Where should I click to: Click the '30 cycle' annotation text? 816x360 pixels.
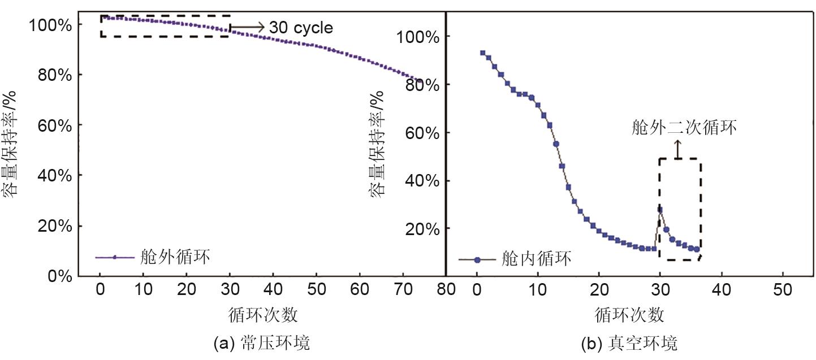[x=301, y=27]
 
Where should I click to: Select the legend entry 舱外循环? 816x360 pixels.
[x=175, y=258]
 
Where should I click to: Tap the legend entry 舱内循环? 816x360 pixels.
[x=536, y=259]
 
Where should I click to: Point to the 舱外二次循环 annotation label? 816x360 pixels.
[x=684, y=128]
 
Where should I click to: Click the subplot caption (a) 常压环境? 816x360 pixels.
[x=262, y=343]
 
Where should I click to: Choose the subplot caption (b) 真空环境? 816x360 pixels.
[x=628, y=343]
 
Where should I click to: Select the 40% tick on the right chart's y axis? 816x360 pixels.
[x=423, y=181]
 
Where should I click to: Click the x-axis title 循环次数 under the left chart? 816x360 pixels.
[x=264, y=314]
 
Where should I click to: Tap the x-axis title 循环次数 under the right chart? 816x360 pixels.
[x=629, y=314]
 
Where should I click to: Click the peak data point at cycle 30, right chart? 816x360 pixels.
[x=660, y=210]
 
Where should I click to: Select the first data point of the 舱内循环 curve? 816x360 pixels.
[x=482, y=53]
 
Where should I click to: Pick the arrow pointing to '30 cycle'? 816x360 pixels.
[x=248, y=27]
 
